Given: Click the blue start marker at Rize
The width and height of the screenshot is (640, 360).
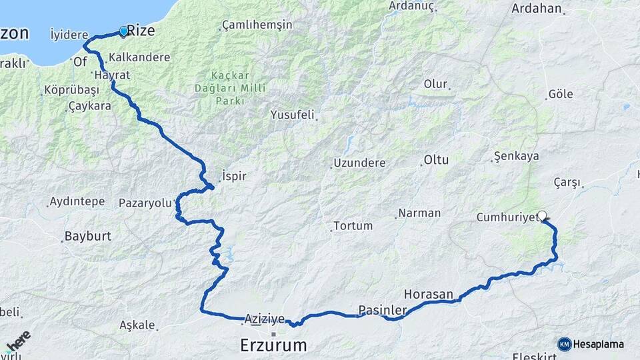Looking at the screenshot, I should click(x=123, y=31).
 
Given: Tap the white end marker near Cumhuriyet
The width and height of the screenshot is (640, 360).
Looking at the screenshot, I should click(x=542, y=215).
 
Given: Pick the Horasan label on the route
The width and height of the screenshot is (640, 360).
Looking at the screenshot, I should click(x=428, y=294).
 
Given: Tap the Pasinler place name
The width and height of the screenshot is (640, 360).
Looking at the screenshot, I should click(x=383, y=310).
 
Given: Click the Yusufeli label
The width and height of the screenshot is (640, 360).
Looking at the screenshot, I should click(x=292, y=115).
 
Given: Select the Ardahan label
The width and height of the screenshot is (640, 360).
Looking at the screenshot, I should click(x=537, y=9).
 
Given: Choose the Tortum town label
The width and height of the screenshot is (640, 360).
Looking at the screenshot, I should click(x=353, y=226).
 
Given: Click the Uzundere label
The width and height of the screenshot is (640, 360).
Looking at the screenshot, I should click(x=359, y=163).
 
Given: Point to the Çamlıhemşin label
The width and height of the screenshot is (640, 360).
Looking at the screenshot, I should click(x=257, y=25).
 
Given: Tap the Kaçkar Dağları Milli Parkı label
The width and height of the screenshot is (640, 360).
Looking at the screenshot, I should click(x=238, y=88).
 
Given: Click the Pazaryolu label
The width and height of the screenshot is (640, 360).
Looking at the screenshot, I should click(x=145, y=203).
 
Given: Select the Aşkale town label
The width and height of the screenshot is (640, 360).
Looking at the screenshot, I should click(x=137, y=325).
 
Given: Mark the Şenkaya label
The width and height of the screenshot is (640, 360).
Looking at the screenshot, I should click(x=516, y=157).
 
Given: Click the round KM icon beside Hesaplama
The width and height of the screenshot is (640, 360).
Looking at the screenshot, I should click(x=564, y=344).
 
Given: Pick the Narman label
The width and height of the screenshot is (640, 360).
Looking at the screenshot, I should click(x=420, y=213).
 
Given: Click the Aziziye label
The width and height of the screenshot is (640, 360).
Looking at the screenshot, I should click(x=265, y=319).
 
